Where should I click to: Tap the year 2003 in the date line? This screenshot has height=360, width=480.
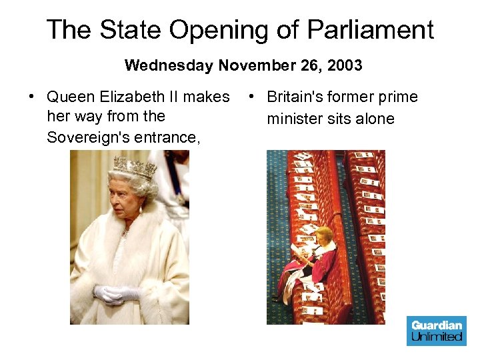[344, 65]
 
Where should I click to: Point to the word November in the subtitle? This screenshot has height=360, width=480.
[249, 65]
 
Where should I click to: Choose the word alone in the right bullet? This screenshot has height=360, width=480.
[375, 119]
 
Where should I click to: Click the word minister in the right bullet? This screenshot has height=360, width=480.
[295, 119]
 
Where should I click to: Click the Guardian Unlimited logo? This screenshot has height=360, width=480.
[437, 331]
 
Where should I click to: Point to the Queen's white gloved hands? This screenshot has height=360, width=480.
[117, 293]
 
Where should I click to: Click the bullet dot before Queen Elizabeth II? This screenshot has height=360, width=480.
[32, 97]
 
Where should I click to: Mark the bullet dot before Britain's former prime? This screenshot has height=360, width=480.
[252, 97]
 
